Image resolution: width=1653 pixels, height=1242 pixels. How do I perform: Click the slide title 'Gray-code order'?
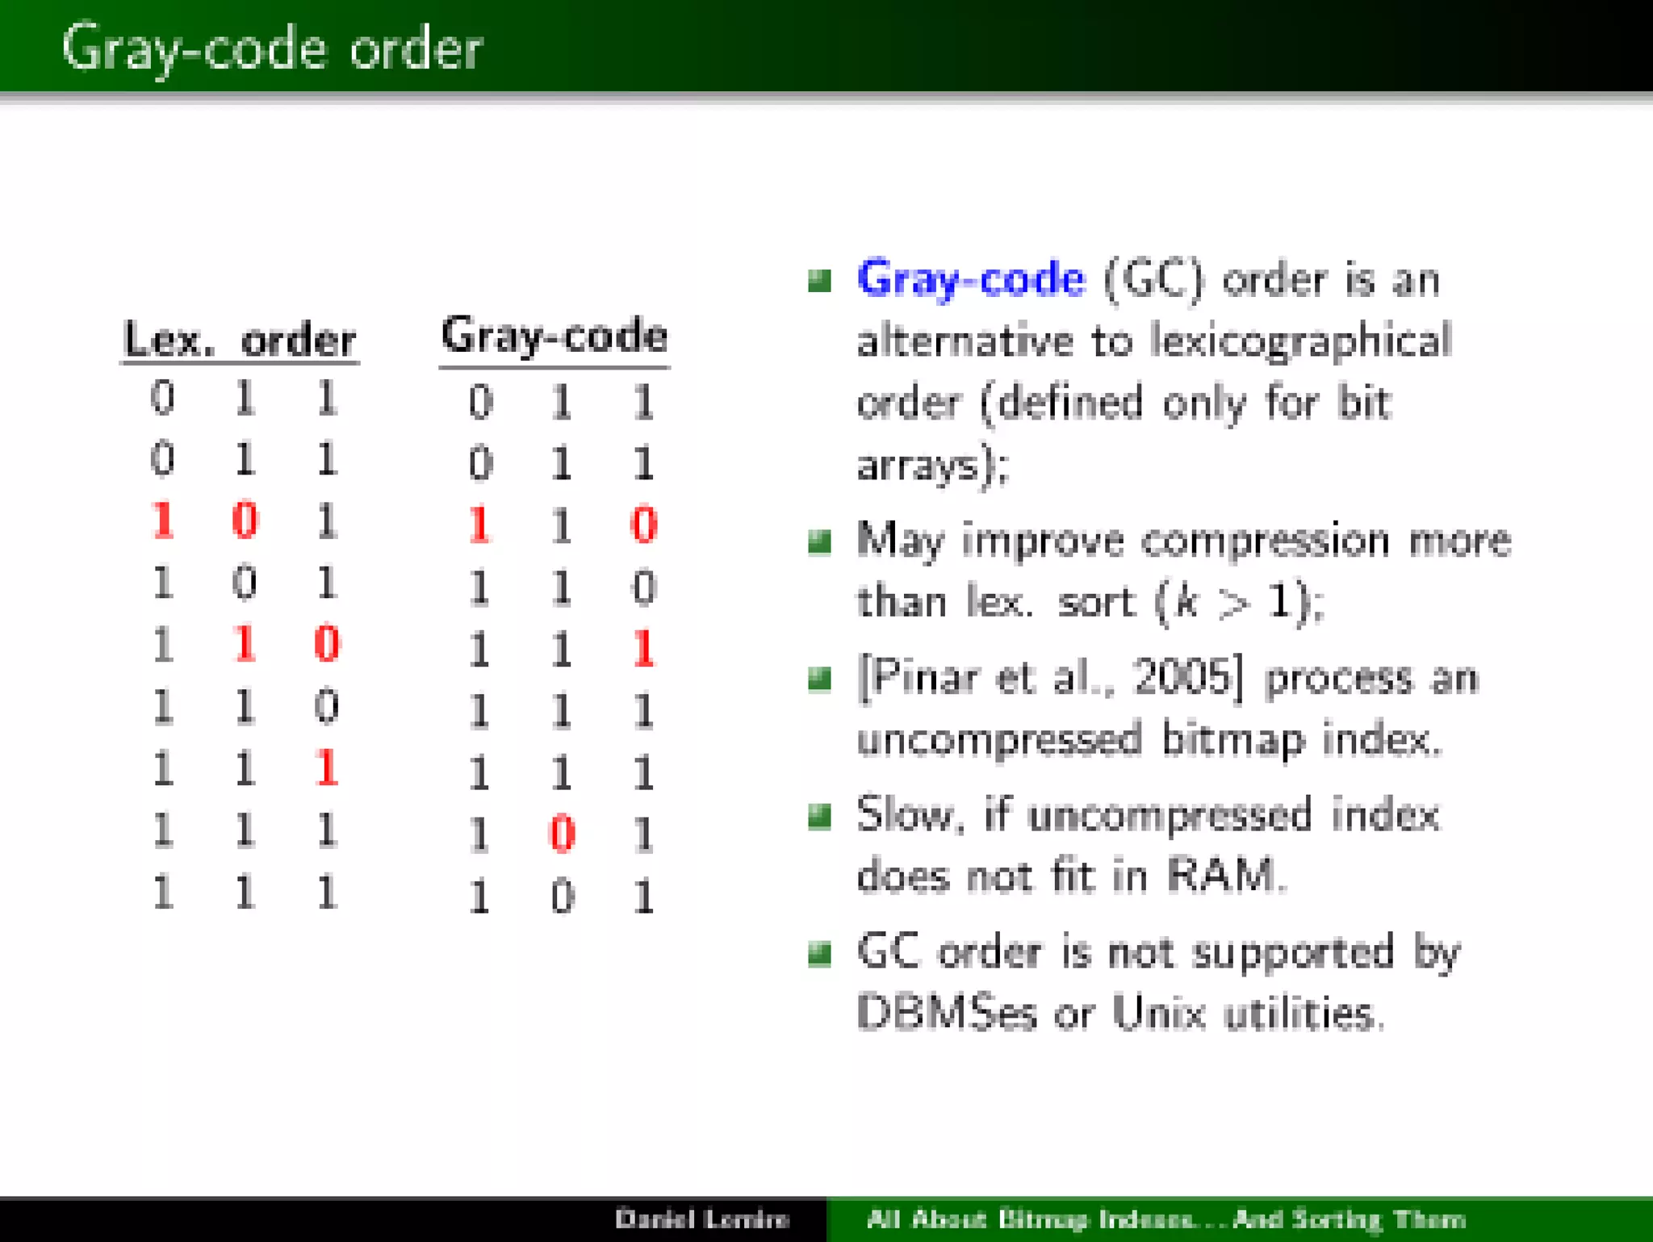[x=271, y=48]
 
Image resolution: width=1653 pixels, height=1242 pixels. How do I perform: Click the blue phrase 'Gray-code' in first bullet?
[x=970, y=279]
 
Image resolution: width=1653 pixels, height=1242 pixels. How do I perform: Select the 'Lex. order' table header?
[x=239, y=340]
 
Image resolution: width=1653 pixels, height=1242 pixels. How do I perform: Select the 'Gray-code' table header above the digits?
[x=554, y=335]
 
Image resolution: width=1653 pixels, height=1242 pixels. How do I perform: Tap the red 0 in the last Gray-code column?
[x=643, y=525]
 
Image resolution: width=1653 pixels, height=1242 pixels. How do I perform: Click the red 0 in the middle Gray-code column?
[x=562, y=834]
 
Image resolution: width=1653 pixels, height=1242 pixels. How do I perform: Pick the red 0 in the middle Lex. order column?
[x=245, y=520]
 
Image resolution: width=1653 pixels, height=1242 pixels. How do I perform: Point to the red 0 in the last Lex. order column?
[x=326, y=644]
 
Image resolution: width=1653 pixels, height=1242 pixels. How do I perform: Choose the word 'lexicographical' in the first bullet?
[x=1299, y=341]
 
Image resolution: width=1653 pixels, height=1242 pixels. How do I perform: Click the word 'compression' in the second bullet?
[x=1264, y=540]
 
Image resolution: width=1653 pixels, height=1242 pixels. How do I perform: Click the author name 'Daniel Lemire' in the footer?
[x=701, y=1219]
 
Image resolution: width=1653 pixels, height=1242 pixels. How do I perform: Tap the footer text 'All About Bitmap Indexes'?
[x=1029, y=1219]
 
